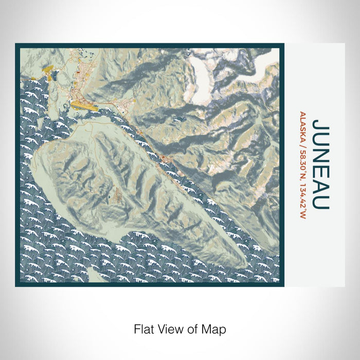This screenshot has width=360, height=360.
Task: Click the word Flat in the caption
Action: pyautogui.click(x=145, y=328)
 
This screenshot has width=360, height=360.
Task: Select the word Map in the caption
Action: pyautogui.click(x=214, y=328)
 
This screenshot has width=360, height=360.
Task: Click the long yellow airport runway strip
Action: pyautogui.click(x=85, y=105)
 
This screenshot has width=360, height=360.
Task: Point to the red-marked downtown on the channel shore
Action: pyautogui.click(x=164, y=157)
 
